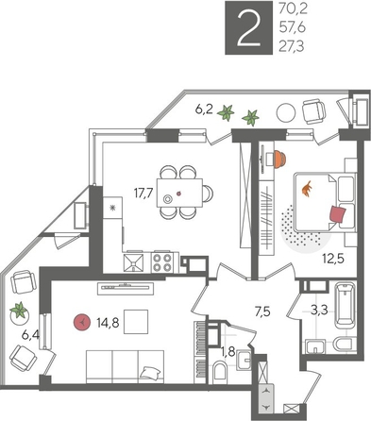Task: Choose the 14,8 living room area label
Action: [109, 322]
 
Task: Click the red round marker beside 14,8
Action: [83, 322]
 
